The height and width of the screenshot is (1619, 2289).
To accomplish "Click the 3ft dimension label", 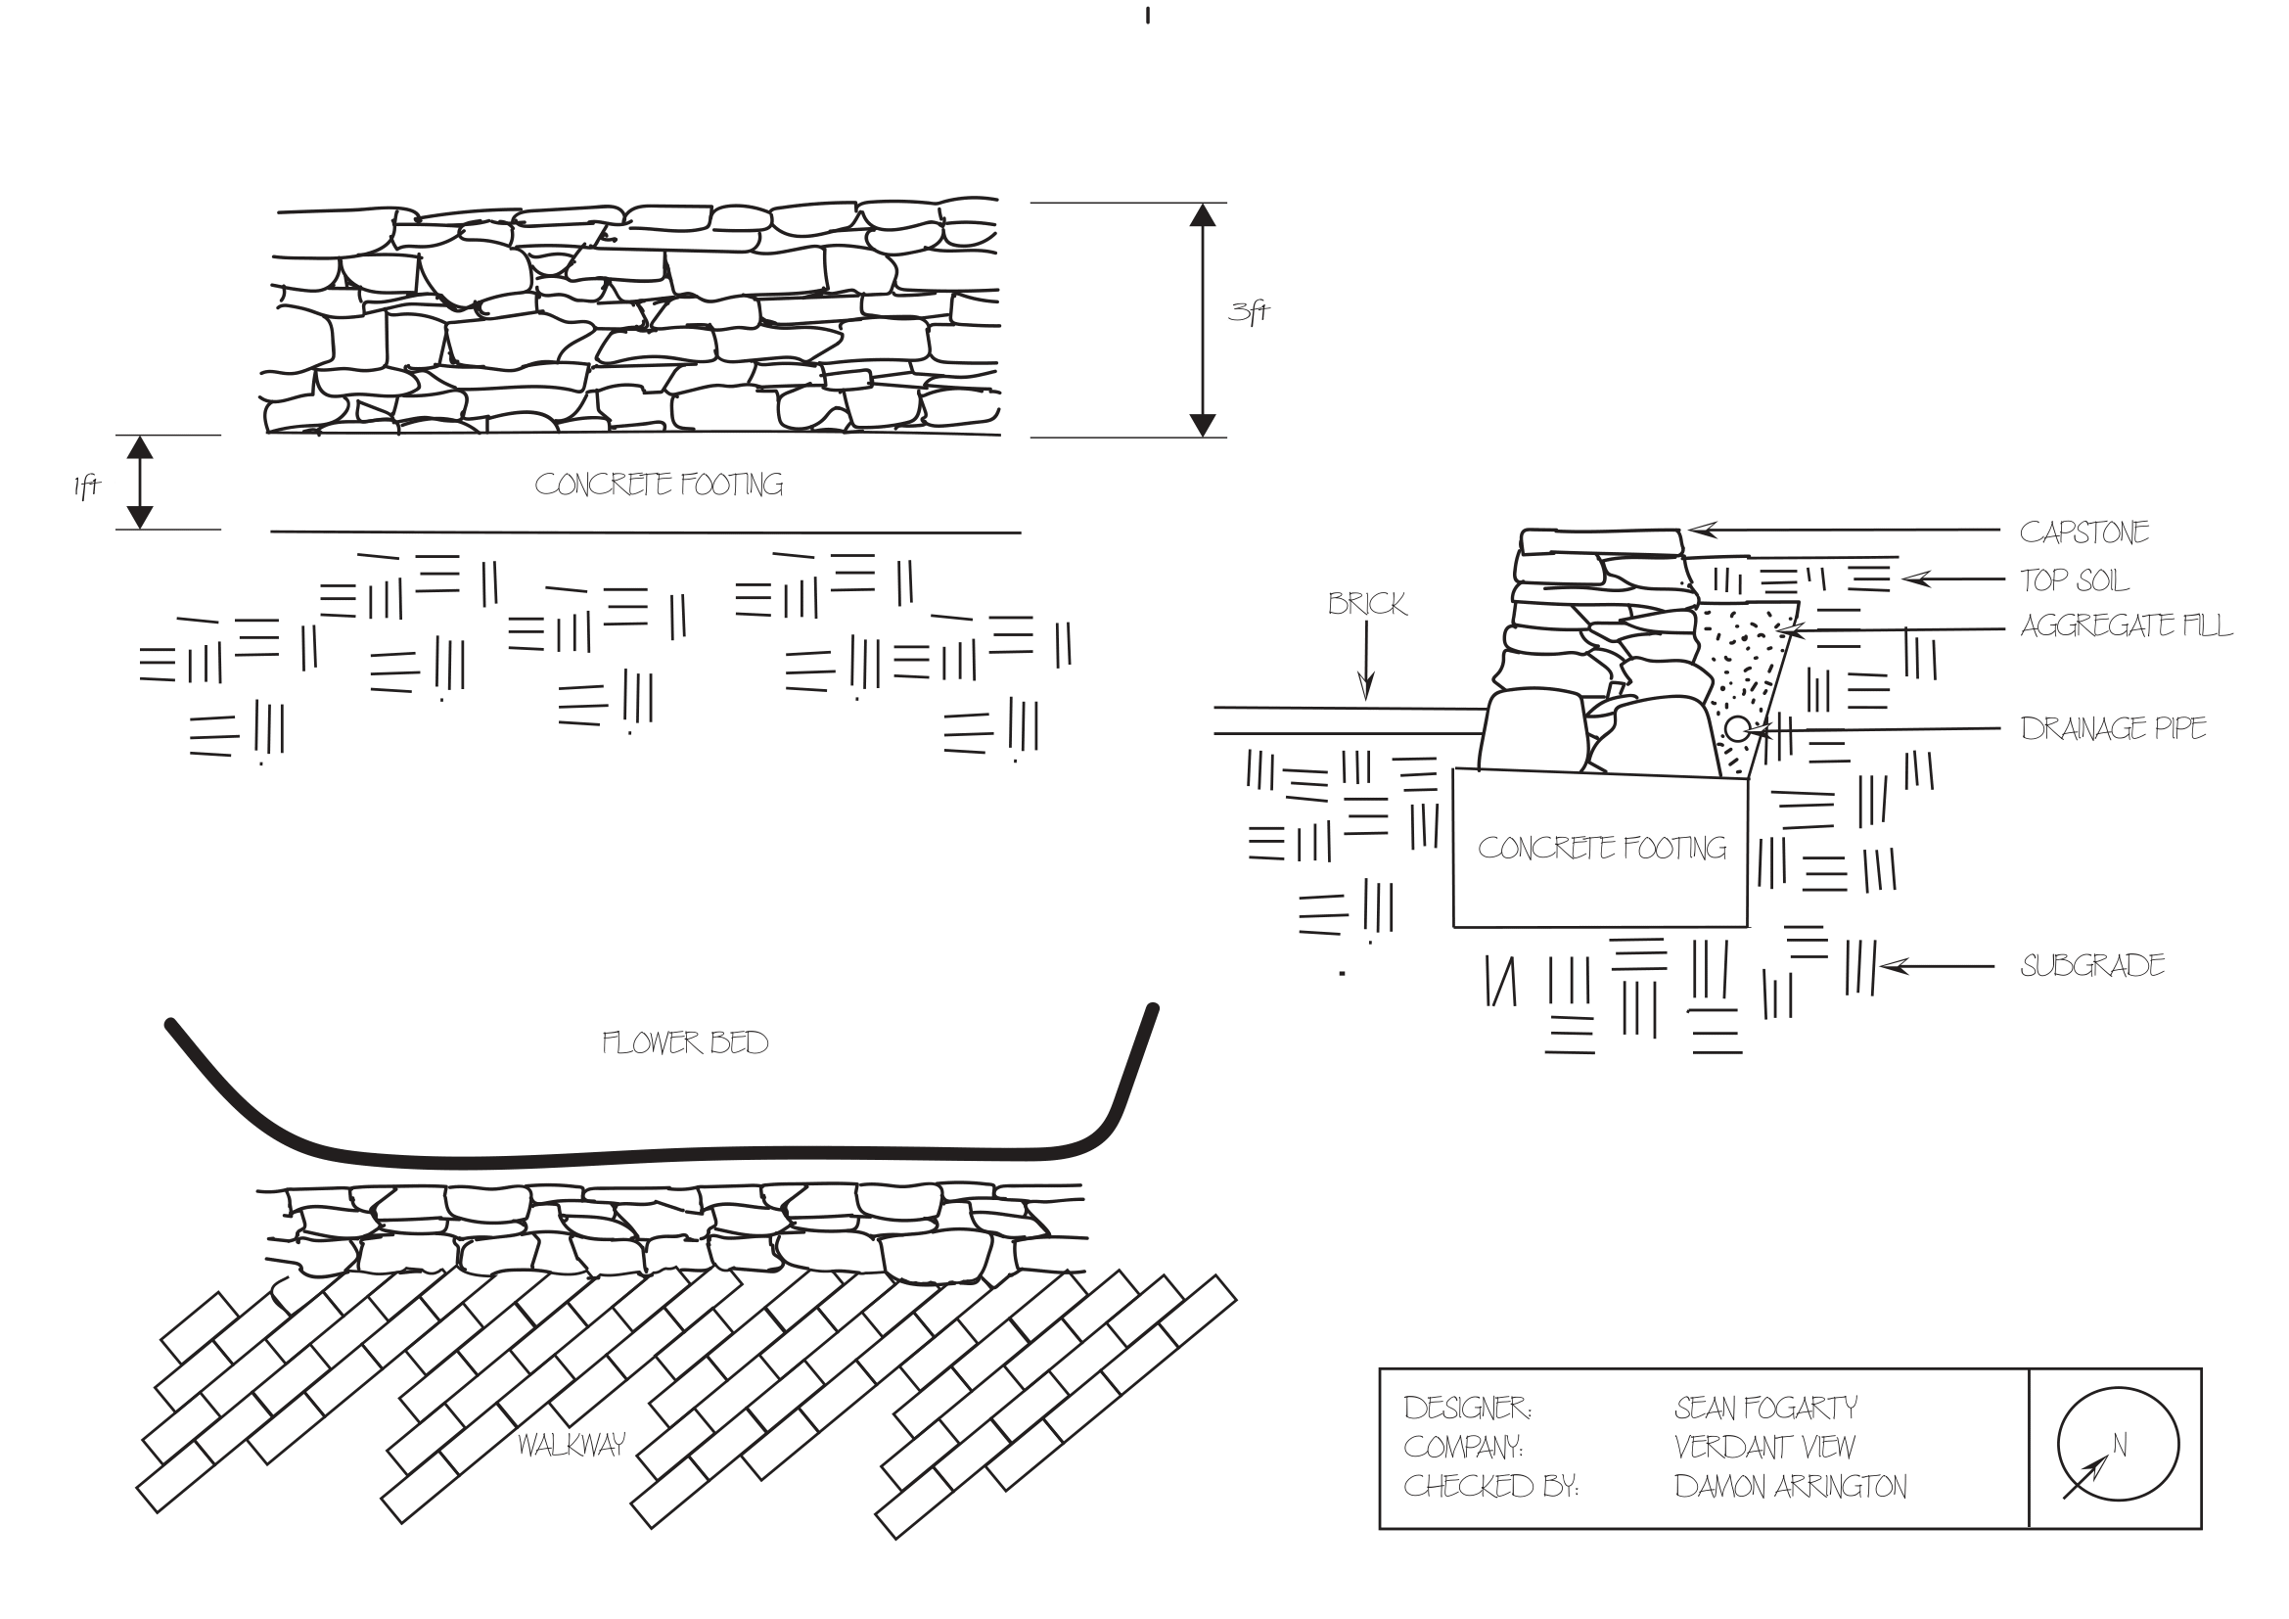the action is pos(1248,312).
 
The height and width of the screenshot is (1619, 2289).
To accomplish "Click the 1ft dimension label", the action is pos(87,486).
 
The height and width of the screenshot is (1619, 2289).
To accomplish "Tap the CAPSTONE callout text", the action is pos(2083,532).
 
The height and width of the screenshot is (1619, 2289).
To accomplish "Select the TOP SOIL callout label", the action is pos(2074,580).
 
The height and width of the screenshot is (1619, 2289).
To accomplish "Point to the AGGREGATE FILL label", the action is pos(2126,626).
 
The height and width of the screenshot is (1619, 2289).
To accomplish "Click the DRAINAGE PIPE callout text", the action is pos(2113,729).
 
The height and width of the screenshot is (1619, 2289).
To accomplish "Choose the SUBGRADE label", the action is pos(2091,966).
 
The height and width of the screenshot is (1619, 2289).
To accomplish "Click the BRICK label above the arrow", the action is pos(1367,604).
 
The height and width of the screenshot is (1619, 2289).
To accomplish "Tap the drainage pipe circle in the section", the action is pos(1737,729).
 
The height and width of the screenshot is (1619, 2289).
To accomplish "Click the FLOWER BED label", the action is pos(685,1043).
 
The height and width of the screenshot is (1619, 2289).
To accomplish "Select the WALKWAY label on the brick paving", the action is pos(572,1445).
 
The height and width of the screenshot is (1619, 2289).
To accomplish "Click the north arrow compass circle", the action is pos(2118,1445).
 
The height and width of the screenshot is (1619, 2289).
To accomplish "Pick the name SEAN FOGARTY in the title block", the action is pos(1765,1409).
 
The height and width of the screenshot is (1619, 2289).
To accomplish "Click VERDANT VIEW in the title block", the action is pos(1764,1448).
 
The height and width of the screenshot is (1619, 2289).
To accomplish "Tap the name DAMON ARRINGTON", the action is pos(1791,1488).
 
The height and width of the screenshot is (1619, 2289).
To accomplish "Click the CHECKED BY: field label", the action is pos(1490,1488).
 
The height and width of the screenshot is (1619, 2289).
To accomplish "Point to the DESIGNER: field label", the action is pos(1468,1409).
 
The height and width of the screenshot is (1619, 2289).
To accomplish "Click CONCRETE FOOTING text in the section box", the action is pos(1602,849).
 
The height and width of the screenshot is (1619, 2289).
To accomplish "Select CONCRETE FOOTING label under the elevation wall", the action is pos(659,486).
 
